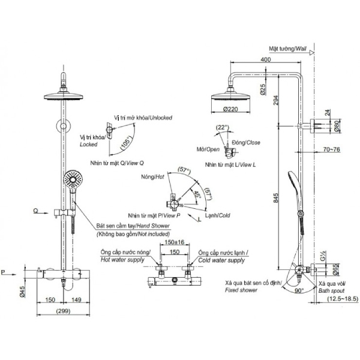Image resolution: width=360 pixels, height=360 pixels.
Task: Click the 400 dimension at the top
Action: [266, 59]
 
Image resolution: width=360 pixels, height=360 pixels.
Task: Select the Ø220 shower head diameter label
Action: [230, 109]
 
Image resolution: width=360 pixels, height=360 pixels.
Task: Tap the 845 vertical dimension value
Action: [276, 197]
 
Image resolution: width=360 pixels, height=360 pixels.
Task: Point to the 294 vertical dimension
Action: [276, 100]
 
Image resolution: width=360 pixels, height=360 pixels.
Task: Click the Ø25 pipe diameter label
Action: [263, 89]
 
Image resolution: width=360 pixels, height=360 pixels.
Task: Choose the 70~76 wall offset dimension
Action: [332, 149]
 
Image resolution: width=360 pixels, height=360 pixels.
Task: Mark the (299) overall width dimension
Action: [63, 311]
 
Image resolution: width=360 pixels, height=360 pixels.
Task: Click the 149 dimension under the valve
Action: [76, 299]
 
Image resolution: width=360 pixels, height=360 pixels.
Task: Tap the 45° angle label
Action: [197, 194]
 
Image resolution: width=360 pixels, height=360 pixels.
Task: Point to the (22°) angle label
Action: [223, 127]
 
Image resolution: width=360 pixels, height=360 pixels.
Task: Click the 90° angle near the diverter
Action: [299, 290]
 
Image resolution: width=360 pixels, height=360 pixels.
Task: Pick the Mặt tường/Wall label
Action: [288, 49]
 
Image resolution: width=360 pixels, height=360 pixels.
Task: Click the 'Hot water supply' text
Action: [122, 260]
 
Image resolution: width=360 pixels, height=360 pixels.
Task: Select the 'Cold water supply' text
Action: [221, 260]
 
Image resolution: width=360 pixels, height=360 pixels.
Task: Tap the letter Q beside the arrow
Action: [35, 211]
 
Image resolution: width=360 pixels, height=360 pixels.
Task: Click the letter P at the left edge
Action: [3, 272]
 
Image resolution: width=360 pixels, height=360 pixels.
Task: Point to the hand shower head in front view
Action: [73, 179]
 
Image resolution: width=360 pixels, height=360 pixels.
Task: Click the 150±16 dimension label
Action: [175, 242]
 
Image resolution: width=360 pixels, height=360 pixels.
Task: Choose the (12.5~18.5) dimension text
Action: [343, 299]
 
